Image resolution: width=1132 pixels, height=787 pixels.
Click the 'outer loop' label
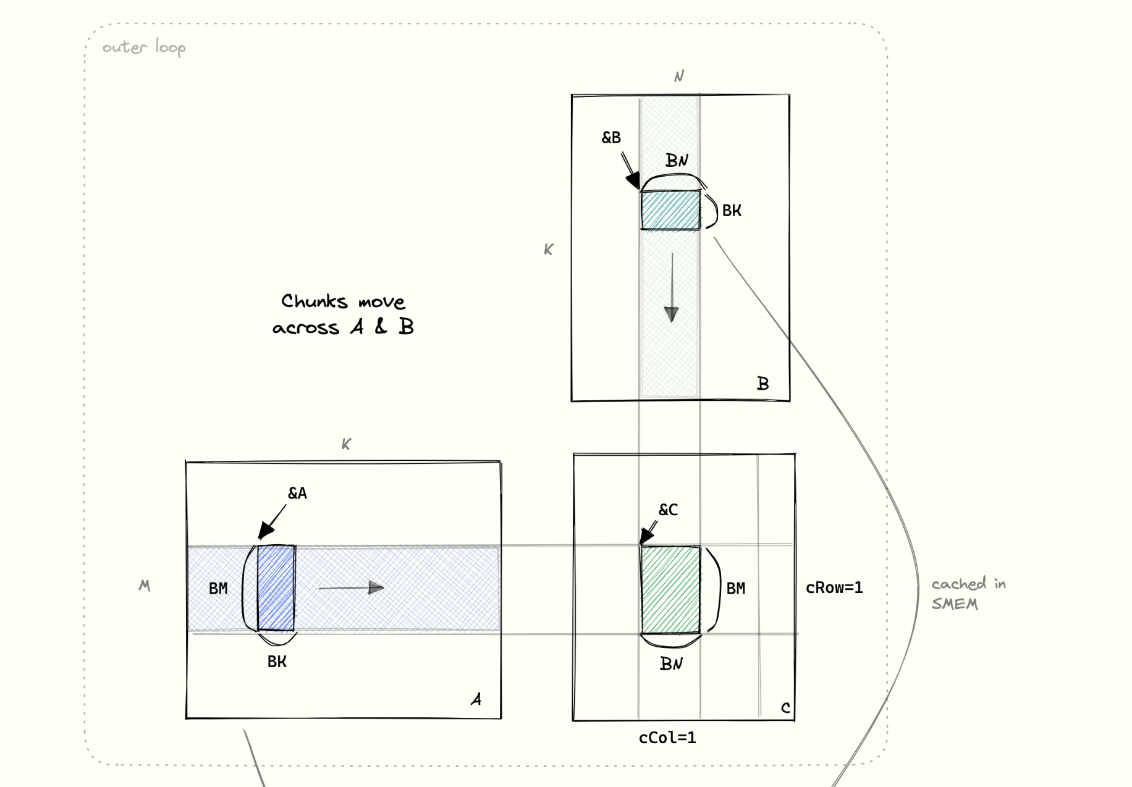point(143,48)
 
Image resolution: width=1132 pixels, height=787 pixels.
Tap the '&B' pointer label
point(611,137)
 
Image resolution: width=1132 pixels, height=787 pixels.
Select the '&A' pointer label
point(297,493)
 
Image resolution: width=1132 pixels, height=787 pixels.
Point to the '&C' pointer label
point(668,510)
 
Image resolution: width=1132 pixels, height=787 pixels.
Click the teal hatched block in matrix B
point(670,210)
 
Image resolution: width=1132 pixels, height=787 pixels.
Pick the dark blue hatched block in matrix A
point(276,587)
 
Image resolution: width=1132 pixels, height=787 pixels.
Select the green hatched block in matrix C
point(670,589)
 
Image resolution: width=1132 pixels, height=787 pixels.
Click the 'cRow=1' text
point(834,587)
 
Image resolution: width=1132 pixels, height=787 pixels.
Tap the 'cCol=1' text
point(667,738)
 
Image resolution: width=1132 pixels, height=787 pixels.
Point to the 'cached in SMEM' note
point(968,594)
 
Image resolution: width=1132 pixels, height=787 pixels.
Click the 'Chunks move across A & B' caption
point(343,314)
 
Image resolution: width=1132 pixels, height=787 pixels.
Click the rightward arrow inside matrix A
point(352,587)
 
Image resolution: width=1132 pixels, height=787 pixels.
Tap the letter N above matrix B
point(679,76)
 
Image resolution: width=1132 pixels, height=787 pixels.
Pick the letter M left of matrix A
point(145,585)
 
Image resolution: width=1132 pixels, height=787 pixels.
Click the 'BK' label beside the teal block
point(732,211)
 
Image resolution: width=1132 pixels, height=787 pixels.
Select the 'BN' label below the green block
point(671,663)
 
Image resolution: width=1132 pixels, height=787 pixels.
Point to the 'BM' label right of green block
point(735,588)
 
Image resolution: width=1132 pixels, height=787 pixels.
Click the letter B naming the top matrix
point(763,384)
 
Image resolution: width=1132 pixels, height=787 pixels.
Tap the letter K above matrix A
point(346,444)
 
